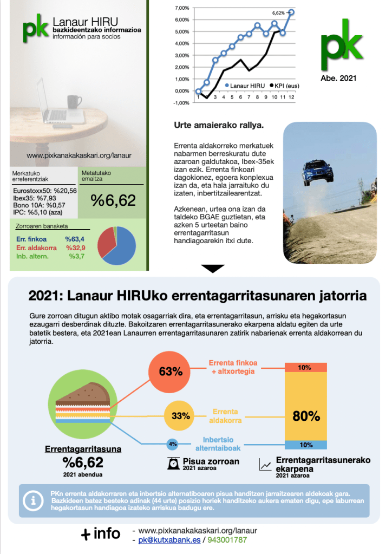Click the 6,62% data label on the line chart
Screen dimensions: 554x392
(x=277, y=12)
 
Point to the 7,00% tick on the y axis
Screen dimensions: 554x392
(x=182, y=8)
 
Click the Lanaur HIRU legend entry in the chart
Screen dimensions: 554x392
(x=246, y=85)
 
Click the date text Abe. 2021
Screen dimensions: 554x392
(x=338, y=78)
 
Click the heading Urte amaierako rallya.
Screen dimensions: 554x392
(x=218, y=126)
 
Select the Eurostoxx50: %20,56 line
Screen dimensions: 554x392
(x=45, y=190)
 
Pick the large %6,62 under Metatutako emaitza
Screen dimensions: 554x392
(x=113, y=200)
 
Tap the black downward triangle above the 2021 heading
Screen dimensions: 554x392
(x=212, y=269)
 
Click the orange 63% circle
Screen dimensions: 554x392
(x=171, y=371)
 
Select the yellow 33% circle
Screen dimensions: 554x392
(x=180, y=416)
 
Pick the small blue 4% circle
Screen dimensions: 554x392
(x=173, y=444)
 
